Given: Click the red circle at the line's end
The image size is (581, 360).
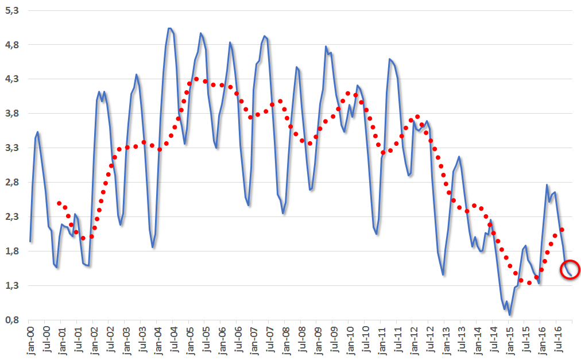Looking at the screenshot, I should pyautogui.click(x=570, y=269).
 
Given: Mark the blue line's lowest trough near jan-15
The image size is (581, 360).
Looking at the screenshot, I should pyautogui.click(x=510, y=315).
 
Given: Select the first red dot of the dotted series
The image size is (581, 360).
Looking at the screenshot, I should pyautogui.click(x=59, y=203).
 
